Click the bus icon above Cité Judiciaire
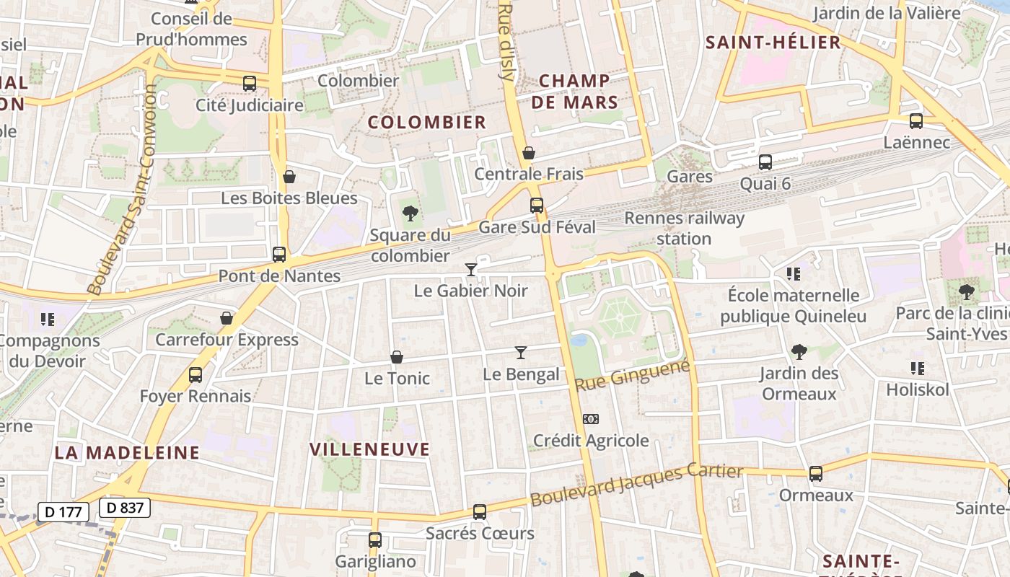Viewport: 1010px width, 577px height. (x=250, y=84)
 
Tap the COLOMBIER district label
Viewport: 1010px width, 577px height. (x=427, y=122)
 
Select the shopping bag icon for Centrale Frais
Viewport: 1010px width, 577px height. (x=529, y=153)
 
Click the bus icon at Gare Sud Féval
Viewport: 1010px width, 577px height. (x=537, y=206)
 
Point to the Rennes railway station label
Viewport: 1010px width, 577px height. (x=684, y=228)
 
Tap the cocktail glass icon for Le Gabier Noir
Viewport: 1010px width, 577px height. (x=471, y=270)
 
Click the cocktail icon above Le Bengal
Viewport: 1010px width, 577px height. (x=521, y=353)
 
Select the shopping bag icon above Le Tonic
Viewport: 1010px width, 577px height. (x=397, y=357)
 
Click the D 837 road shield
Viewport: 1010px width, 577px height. (x=125, y=508)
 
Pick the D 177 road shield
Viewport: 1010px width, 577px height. (x=63, y=512)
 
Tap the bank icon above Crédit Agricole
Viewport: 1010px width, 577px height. (x=591, y=419)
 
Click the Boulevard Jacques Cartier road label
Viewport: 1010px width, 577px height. (x=636, y=485)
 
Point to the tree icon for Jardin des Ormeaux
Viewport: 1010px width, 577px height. (x=799, y=352)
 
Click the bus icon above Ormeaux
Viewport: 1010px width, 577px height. (x=816, y=474)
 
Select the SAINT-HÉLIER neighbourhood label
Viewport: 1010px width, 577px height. (x=773, y=43)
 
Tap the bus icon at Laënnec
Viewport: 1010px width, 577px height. (x=916, y=121)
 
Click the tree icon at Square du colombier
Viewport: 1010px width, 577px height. (x=410, y=213)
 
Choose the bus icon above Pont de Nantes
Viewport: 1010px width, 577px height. (x=279, y=255)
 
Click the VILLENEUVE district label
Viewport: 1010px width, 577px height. (x=370, y=449)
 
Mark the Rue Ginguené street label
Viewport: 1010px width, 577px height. (x=633, y=376)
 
